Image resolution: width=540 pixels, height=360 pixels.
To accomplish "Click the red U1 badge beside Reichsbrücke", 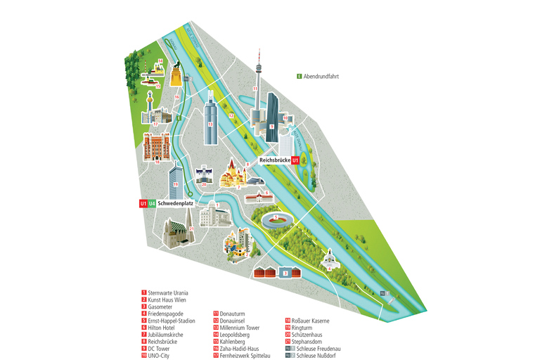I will (x=296, y=161).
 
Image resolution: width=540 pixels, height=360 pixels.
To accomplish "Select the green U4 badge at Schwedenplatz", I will (x=152, y=203).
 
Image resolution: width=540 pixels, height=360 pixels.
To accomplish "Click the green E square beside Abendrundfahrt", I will (x=300, y=76).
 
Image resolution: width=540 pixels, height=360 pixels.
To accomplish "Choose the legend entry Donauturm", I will (x=236, y=313).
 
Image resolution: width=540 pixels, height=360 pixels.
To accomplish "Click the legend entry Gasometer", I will (x=162, y=307).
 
